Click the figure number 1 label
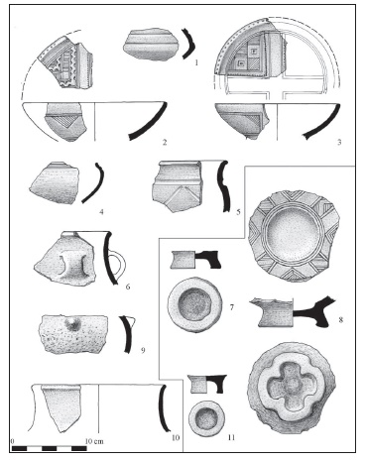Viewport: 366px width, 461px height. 196,61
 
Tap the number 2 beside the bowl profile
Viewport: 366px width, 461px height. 165,142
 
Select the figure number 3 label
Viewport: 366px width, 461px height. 339,142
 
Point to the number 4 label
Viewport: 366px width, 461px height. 101,212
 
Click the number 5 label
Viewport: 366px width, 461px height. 238,212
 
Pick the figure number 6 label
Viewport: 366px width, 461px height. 128,287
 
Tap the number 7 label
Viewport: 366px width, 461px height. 232,307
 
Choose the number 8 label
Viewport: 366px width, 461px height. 341,319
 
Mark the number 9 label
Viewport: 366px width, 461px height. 143,350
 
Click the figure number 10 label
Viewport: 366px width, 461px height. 176,437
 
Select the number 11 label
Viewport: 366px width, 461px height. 231,437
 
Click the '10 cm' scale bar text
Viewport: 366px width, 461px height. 94,441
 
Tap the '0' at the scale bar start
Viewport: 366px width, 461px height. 13,441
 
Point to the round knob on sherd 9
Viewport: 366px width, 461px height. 72,324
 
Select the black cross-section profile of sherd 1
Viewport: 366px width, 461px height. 188,44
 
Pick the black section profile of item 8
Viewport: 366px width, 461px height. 314,311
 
